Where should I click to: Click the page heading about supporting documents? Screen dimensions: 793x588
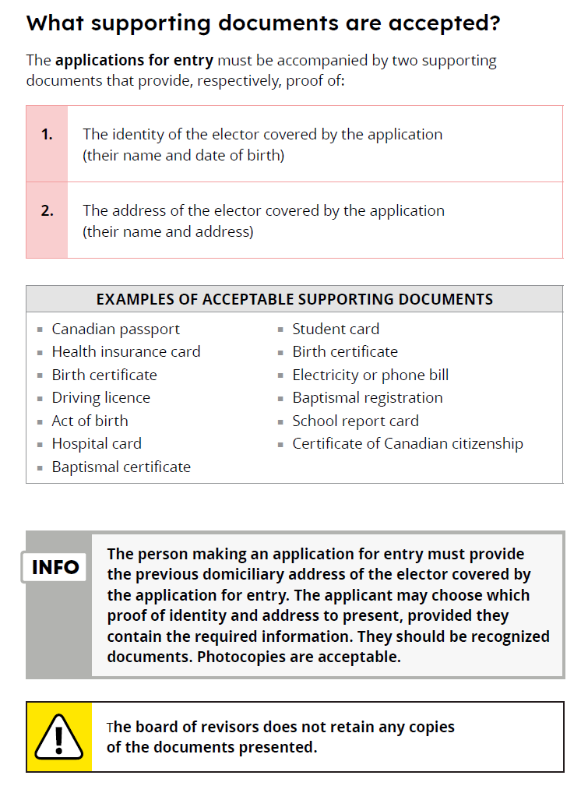click(x=262, y=23)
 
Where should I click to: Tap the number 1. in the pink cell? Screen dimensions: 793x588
click(x=47, y=135)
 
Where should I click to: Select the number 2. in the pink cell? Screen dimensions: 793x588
click(x=47, y=210)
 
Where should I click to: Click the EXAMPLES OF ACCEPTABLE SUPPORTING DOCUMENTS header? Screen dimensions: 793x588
click(x=294, y=299)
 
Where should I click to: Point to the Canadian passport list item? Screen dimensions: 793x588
click(x=115, y=330)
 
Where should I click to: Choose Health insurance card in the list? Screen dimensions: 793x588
click(x=125, y=352)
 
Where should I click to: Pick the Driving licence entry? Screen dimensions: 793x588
click(x=100, y=398)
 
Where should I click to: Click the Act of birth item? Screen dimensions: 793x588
click(x=90, y=421)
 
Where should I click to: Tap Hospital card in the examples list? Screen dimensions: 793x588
click(x=97, y=444)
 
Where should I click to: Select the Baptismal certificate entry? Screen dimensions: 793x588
click(x=121, y=467)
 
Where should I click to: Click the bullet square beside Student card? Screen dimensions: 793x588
click(x=281, y=330)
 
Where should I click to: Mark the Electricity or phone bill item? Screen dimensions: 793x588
click(x=370, y=375)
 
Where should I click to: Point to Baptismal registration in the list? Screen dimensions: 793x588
click(x=367, y=398)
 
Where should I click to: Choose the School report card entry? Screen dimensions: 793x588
click(x=355, y=421)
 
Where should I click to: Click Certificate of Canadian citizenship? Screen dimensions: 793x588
click(x=407, y=444)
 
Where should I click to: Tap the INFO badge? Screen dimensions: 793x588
click(x=55, y=567)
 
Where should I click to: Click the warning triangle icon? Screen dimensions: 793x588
click(x=59, y=737)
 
